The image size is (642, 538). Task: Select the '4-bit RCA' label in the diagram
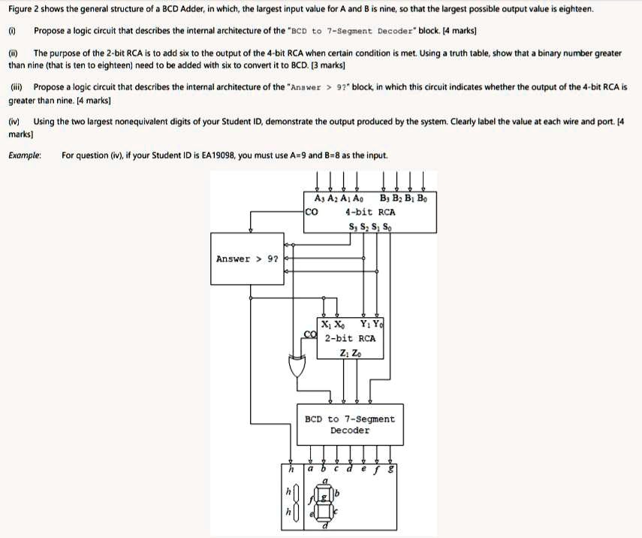[x=370, y=212]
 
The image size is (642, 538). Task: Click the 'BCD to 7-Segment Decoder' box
[x=349, y=425]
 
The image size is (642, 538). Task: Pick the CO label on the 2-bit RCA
[x=309, y=334]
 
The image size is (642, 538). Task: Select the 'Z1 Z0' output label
[x=350, y=353]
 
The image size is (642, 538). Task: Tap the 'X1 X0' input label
[x=334, y=325]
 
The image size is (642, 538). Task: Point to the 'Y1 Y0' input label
[x=371, y=325]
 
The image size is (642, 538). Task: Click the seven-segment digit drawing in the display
[x=325, y=502]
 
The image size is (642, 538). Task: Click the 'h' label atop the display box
[x=290, y=468]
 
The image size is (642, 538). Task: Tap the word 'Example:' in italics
[x=24, y=155]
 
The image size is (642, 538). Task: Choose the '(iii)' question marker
[x=16, y=87]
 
